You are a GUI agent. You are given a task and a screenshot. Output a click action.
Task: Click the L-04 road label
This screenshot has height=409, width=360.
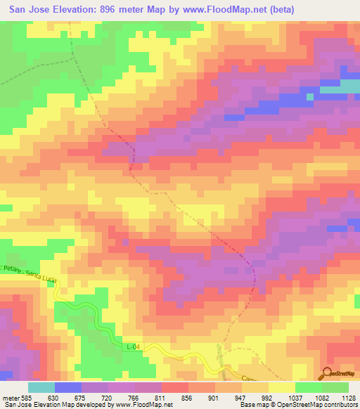134,348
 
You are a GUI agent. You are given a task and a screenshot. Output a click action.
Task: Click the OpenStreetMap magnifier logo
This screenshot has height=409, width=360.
325,374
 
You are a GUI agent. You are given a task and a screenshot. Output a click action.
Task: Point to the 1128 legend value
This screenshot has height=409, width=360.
349,396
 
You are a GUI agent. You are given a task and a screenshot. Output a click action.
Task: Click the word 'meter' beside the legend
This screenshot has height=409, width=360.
8,396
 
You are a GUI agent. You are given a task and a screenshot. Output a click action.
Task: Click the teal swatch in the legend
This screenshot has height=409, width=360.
41,387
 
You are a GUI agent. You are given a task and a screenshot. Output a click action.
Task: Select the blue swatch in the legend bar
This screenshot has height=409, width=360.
67,387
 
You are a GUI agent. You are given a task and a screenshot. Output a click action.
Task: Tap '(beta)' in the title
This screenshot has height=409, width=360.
280,9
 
